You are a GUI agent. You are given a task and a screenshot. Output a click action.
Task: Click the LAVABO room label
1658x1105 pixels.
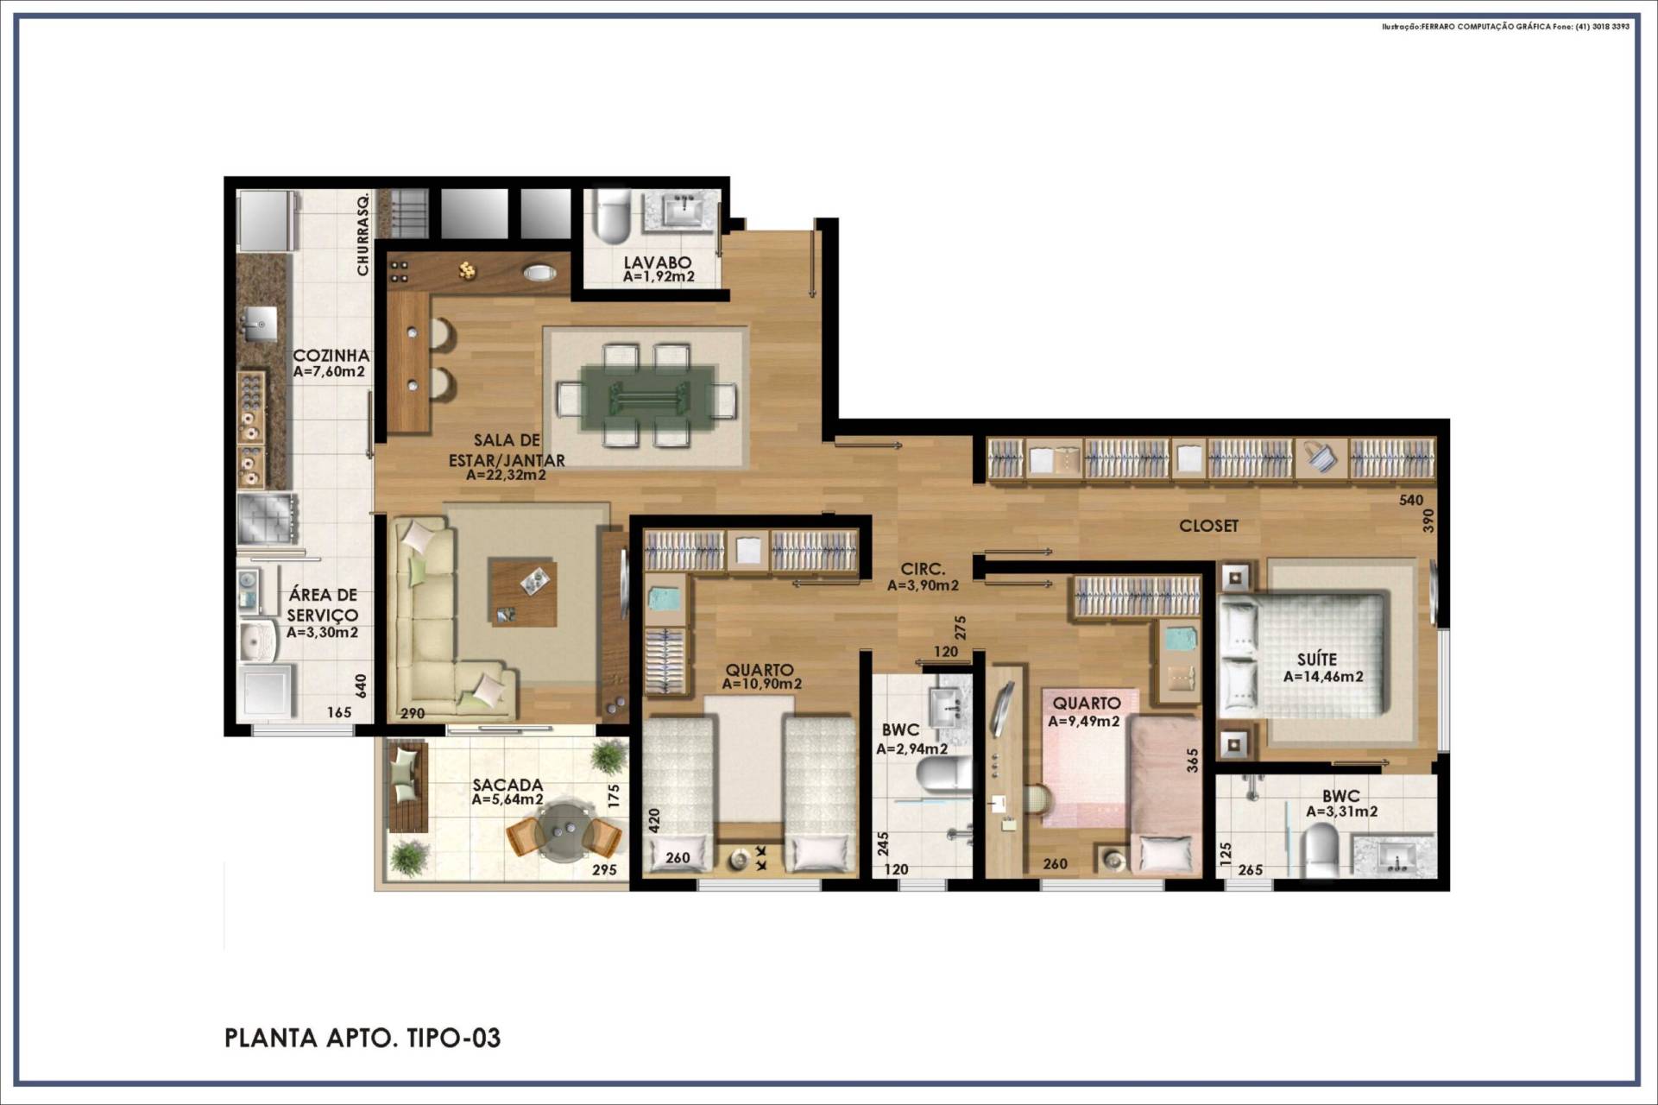(658, 262)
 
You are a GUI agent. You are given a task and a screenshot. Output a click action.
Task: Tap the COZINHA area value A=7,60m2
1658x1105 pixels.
(329, 372)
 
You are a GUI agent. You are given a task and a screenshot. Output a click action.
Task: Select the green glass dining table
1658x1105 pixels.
(647, 398)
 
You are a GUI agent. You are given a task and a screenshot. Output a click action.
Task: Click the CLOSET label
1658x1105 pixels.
(1208, 526)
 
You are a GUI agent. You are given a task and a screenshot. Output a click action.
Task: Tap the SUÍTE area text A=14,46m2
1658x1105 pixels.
(1323, 677)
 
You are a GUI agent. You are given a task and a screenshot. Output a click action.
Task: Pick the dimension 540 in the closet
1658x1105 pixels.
(1411, 500)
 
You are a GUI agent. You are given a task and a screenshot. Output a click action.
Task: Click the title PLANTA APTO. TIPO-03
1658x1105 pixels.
(362, 1038)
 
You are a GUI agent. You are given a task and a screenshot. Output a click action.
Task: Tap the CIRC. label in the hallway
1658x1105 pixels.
(923, 570)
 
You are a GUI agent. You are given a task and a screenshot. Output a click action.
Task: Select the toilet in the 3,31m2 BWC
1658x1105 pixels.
(1318, 850)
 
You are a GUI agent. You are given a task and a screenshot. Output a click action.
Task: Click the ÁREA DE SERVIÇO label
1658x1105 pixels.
(323, 605)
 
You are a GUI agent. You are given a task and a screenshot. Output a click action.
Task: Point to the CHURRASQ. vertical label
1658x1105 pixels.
(363, 233)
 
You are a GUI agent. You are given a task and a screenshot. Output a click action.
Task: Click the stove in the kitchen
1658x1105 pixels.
(268, 519)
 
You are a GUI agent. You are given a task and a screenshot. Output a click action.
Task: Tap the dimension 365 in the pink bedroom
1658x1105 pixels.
(1193, 760)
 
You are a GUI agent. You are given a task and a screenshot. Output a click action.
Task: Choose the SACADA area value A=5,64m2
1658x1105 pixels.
(507, 800)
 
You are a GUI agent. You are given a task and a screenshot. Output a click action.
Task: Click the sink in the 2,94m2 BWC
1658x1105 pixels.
(950, 710)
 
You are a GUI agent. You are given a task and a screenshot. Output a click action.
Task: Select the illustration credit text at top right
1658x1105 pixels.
(1505, 27)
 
